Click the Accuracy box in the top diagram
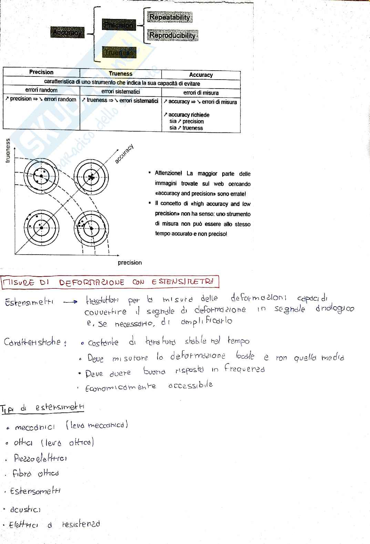(68, 33)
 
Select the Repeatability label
(169, 17)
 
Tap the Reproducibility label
(173, 35)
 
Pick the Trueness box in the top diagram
(119, 53)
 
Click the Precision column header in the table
(41, 72)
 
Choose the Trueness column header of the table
(121, 73)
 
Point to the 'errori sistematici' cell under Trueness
(121, 92)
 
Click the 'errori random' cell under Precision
(41, 90)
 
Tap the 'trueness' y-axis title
(8, 151)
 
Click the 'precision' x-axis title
(130, 263)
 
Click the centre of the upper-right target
(91, 177)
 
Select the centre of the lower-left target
(41, 228)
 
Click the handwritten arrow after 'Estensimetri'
(71, 302)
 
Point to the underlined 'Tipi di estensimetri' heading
(43, 408)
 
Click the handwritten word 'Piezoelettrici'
(40, 458)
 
